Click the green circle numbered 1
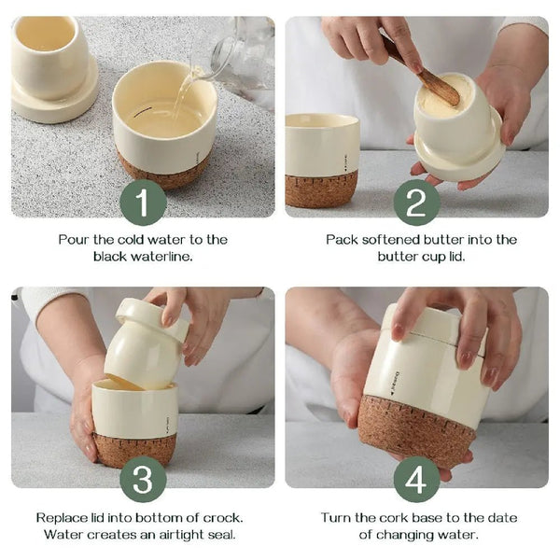coord(143,203)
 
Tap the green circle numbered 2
coord(417,203)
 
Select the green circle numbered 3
coord(143,479)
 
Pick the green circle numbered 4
coord(417,479)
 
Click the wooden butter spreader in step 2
coord(423,73)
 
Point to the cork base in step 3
coord(134,450)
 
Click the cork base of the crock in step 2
coord(321,189)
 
